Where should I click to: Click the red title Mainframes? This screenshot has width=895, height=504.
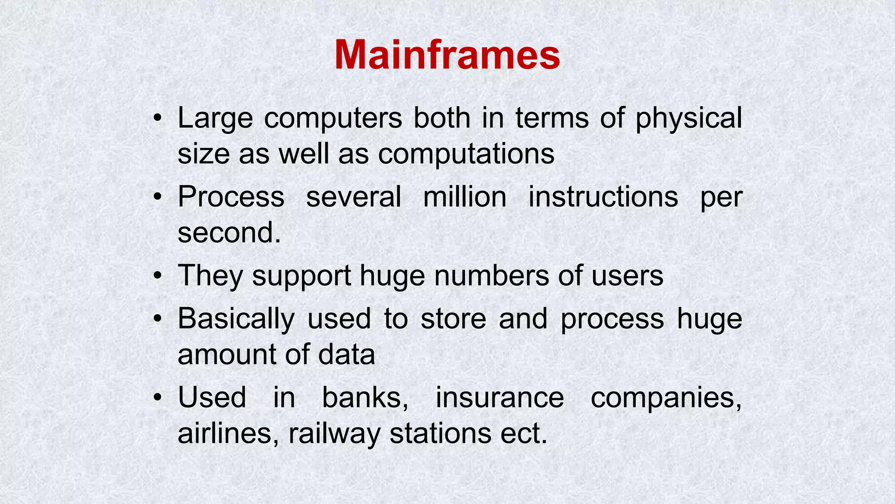tap(447, 55)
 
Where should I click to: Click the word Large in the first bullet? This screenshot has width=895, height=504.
tap(215, 118)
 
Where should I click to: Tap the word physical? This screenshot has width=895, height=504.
tap(688, 119)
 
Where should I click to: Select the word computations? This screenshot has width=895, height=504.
tap(466, 154)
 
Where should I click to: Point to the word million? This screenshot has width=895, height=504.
tap(465, 197)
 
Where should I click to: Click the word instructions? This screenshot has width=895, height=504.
tap(603, 197)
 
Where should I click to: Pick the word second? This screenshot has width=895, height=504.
tap(229, 233)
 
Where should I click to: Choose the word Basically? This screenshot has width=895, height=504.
tap(236, 319)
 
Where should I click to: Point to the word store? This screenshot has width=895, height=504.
tap(453, 319)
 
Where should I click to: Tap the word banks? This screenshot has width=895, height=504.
tap(365, 398)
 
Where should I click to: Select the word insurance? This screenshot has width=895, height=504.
tap(500, 398)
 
